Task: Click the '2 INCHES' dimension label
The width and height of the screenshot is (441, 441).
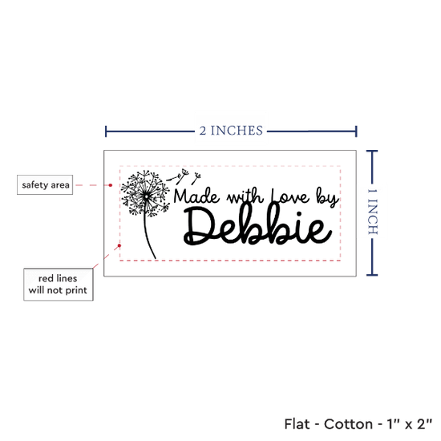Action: [x=231, y=131]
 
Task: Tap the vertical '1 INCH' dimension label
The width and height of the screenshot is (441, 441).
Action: [x=373, y=212]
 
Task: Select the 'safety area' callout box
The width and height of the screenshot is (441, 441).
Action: [x=45, y=184]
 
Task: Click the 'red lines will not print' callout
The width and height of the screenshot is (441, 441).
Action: [x=59, y=285]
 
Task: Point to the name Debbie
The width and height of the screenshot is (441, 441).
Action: [x=257, y=226]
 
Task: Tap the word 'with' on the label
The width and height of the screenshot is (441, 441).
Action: [x=245, y=197]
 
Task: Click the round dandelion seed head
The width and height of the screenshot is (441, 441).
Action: [x=145, y=194]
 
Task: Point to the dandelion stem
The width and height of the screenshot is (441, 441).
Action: [x=148, y=237]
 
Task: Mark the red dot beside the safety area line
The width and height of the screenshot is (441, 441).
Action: [x=111, y=185]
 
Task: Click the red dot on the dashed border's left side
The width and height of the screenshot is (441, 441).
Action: [x=119, y=246]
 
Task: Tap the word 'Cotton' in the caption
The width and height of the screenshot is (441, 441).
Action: [x=348, y=424]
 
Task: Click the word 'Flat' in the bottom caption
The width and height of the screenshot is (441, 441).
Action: [x=297, y=424]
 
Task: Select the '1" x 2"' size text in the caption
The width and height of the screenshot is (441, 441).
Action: [x=410, y=424]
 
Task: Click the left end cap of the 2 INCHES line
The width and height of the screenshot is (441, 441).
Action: [x=106, y=131]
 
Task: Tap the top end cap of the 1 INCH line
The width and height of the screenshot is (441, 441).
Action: [x=372, y=152]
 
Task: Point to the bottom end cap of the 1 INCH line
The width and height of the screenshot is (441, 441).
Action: [x=372, y=275]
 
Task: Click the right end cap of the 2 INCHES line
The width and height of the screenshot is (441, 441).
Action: [x=356, y=131]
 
